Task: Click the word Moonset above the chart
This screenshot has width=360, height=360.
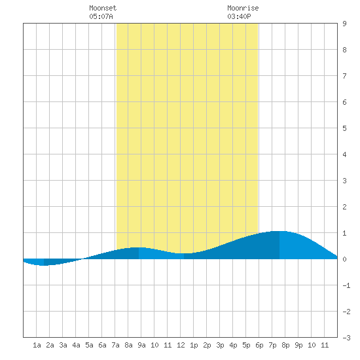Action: click(x=103, y=8)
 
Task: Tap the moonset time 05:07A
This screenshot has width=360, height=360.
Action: click(x=101, y=16)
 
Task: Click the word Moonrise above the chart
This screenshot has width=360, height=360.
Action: click(x=243, y=8)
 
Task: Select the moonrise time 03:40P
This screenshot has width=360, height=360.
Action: click(x=239, y=16)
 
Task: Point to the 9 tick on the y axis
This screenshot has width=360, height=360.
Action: click(x=344, y=24)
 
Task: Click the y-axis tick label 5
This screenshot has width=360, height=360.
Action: click(x=344, y=128)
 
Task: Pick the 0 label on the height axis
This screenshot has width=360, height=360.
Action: click(x=344, y=259)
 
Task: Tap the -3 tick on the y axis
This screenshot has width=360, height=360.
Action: click(x=346, y=338)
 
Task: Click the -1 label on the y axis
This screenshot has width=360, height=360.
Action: click(x=346, y=285)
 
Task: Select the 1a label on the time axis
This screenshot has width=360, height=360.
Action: click(x=37, y=345)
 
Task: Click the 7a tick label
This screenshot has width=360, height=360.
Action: click(x=115, y=345)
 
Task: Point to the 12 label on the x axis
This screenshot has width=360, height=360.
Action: click(x=181, y=345)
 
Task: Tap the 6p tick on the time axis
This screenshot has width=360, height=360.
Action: click(x=259, y=345)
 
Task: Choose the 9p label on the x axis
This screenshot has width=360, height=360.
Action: click(x=298, y=345)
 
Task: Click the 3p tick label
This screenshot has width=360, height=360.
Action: click(x=220, y=345)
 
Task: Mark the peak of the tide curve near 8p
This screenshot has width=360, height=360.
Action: click(x=279, y=231)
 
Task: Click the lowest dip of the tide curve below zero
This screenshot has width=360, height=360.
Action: click(x=44, y=265)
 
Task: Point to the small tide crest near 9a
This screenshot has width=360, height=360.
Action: click(x=139, y=247)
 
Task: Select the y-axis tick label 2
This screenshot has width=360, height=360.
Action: click(x=344, y=207)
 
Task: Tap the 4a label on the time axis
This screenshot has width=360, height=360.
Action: click(x=76, y=345)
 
